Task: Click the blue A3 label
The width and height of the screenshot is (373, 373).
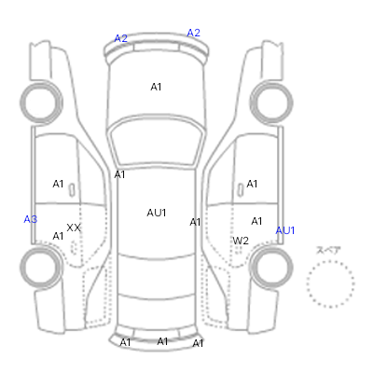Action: click(x=31, y=219)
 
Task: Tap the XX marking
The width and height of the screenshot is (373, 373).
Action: click(x=74, y=228)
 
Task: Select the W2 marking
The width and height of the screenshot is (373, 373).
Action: click(x=241, y=241)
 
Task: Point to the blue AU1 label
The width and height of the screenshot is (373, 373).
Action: click(x=285, y=230)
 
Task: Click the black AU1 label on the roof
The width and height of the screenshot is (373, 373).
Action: click(x=157, y=213)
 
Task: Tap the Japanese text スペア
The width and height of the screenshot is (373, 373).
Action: click(x=328, y=250)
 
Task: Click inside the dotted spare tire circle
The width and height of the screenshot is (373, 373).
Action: click(x=330, y=283)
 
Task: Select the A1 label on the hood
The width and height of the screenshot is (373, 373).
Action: click(x=156, y=87)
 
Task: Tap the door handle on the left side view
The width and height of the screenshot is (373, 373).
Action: click(x=72, y=189)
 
